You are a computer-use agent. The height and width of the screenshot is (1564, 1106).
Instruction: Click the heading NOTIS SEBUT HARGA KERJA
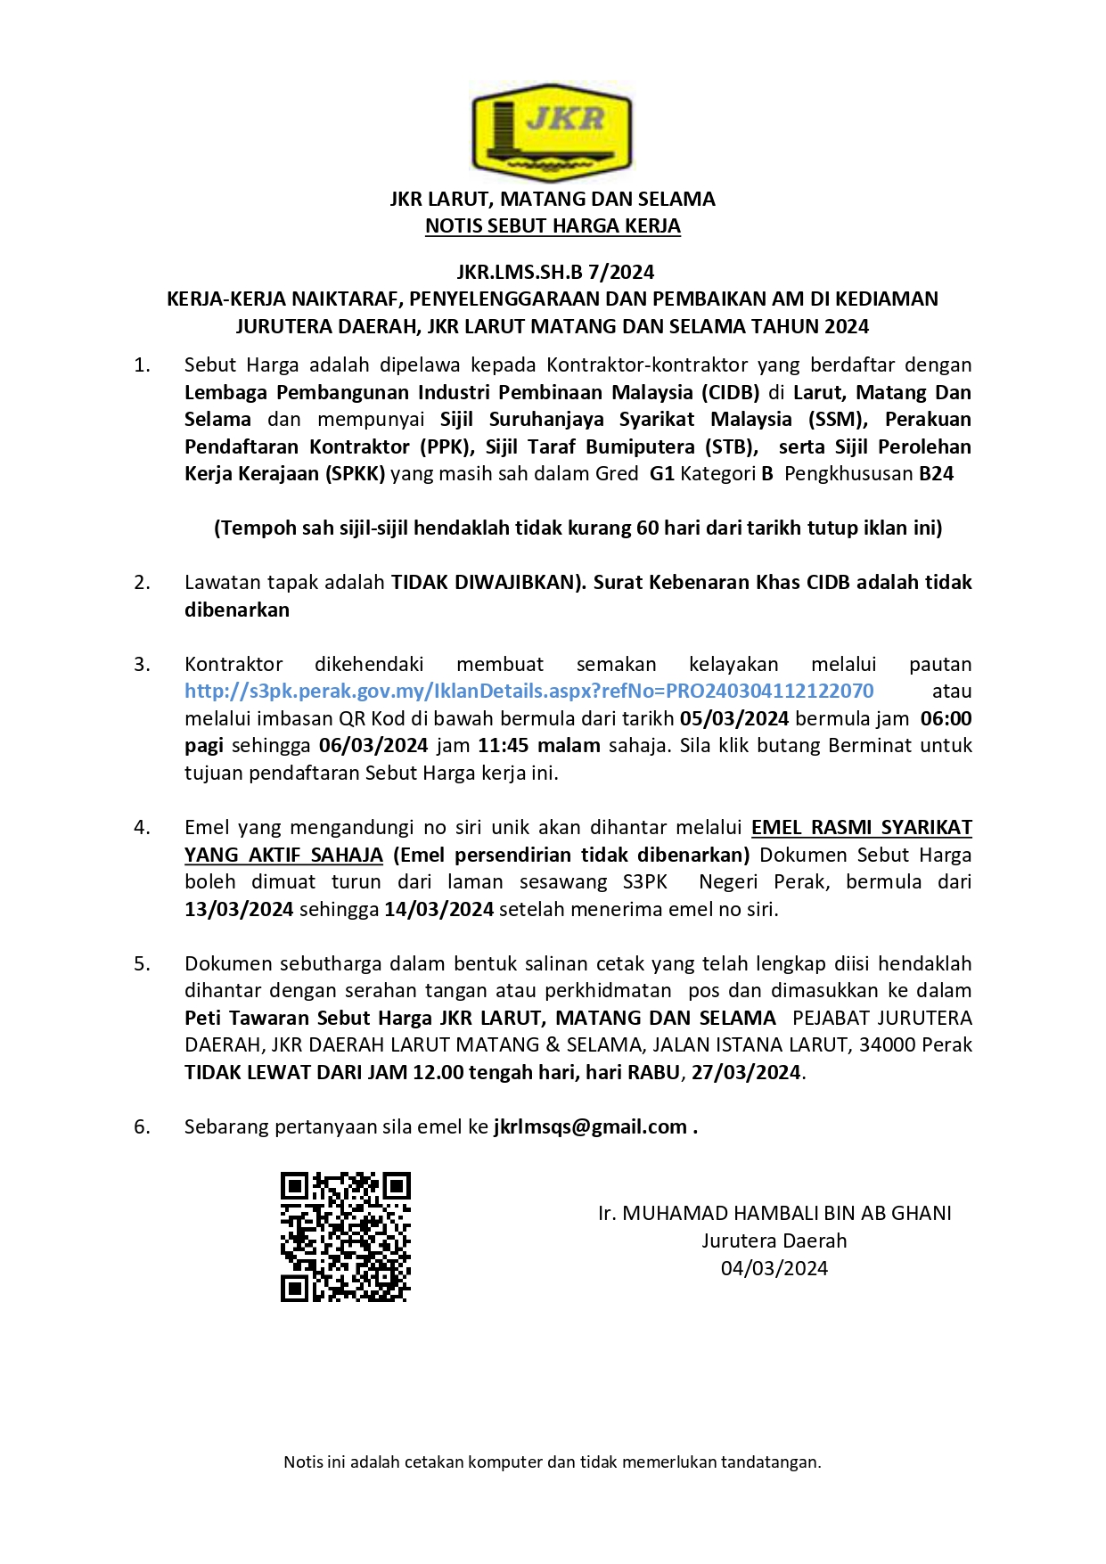pos(553,226)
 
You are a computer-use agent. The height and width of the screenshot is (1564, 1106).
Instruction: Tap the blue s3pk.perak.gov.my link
pos(528,692)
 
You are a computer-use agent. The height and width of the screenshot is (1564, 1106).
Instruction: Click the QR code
pos(346,1236)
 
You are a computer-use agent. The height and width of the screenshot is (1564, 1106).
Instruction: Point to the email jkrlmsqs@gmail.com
pos(590,1127)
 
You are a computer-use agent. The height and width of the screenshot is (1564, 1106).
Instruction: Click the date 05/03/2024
pos(733,719)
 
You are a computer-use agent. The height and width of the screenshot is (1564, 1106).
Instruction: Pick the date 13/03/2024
pos(239,910)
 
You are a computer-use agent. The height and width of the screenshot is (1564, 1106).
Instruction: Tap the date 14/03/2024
pos(438,910)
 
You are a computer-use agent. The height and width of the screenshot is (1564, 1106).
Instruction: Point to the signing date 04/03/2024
pos(774,1269)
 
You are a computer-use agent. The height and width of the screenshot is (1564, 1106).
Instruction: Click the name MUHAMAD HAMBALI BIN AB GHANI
pos(787,1214)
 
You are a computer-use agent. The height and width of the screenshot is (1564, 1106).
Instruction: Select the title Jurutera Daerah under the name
pos(774,1241)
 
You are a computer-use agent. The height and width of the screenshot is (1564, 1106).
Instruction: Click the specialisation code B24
pos(936,474)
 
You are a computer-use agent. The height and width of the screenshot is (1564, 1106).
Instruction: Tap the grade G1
pos(661,474)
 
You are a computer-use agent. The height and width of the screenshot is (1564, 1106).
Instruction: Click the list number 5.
pos(142,964)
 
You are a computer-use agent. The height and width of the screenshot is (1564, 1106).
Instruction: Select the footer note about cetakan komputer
pos(553,1462)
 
